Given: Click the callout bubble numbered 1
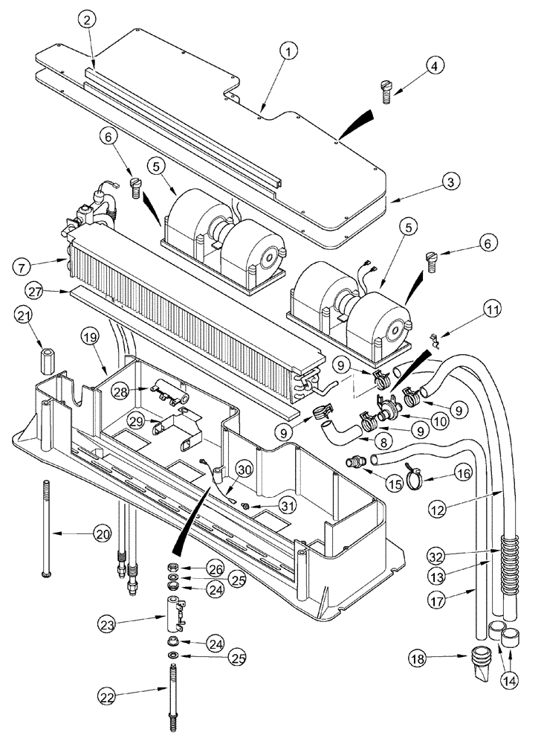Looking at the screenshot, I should [289, 51].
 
